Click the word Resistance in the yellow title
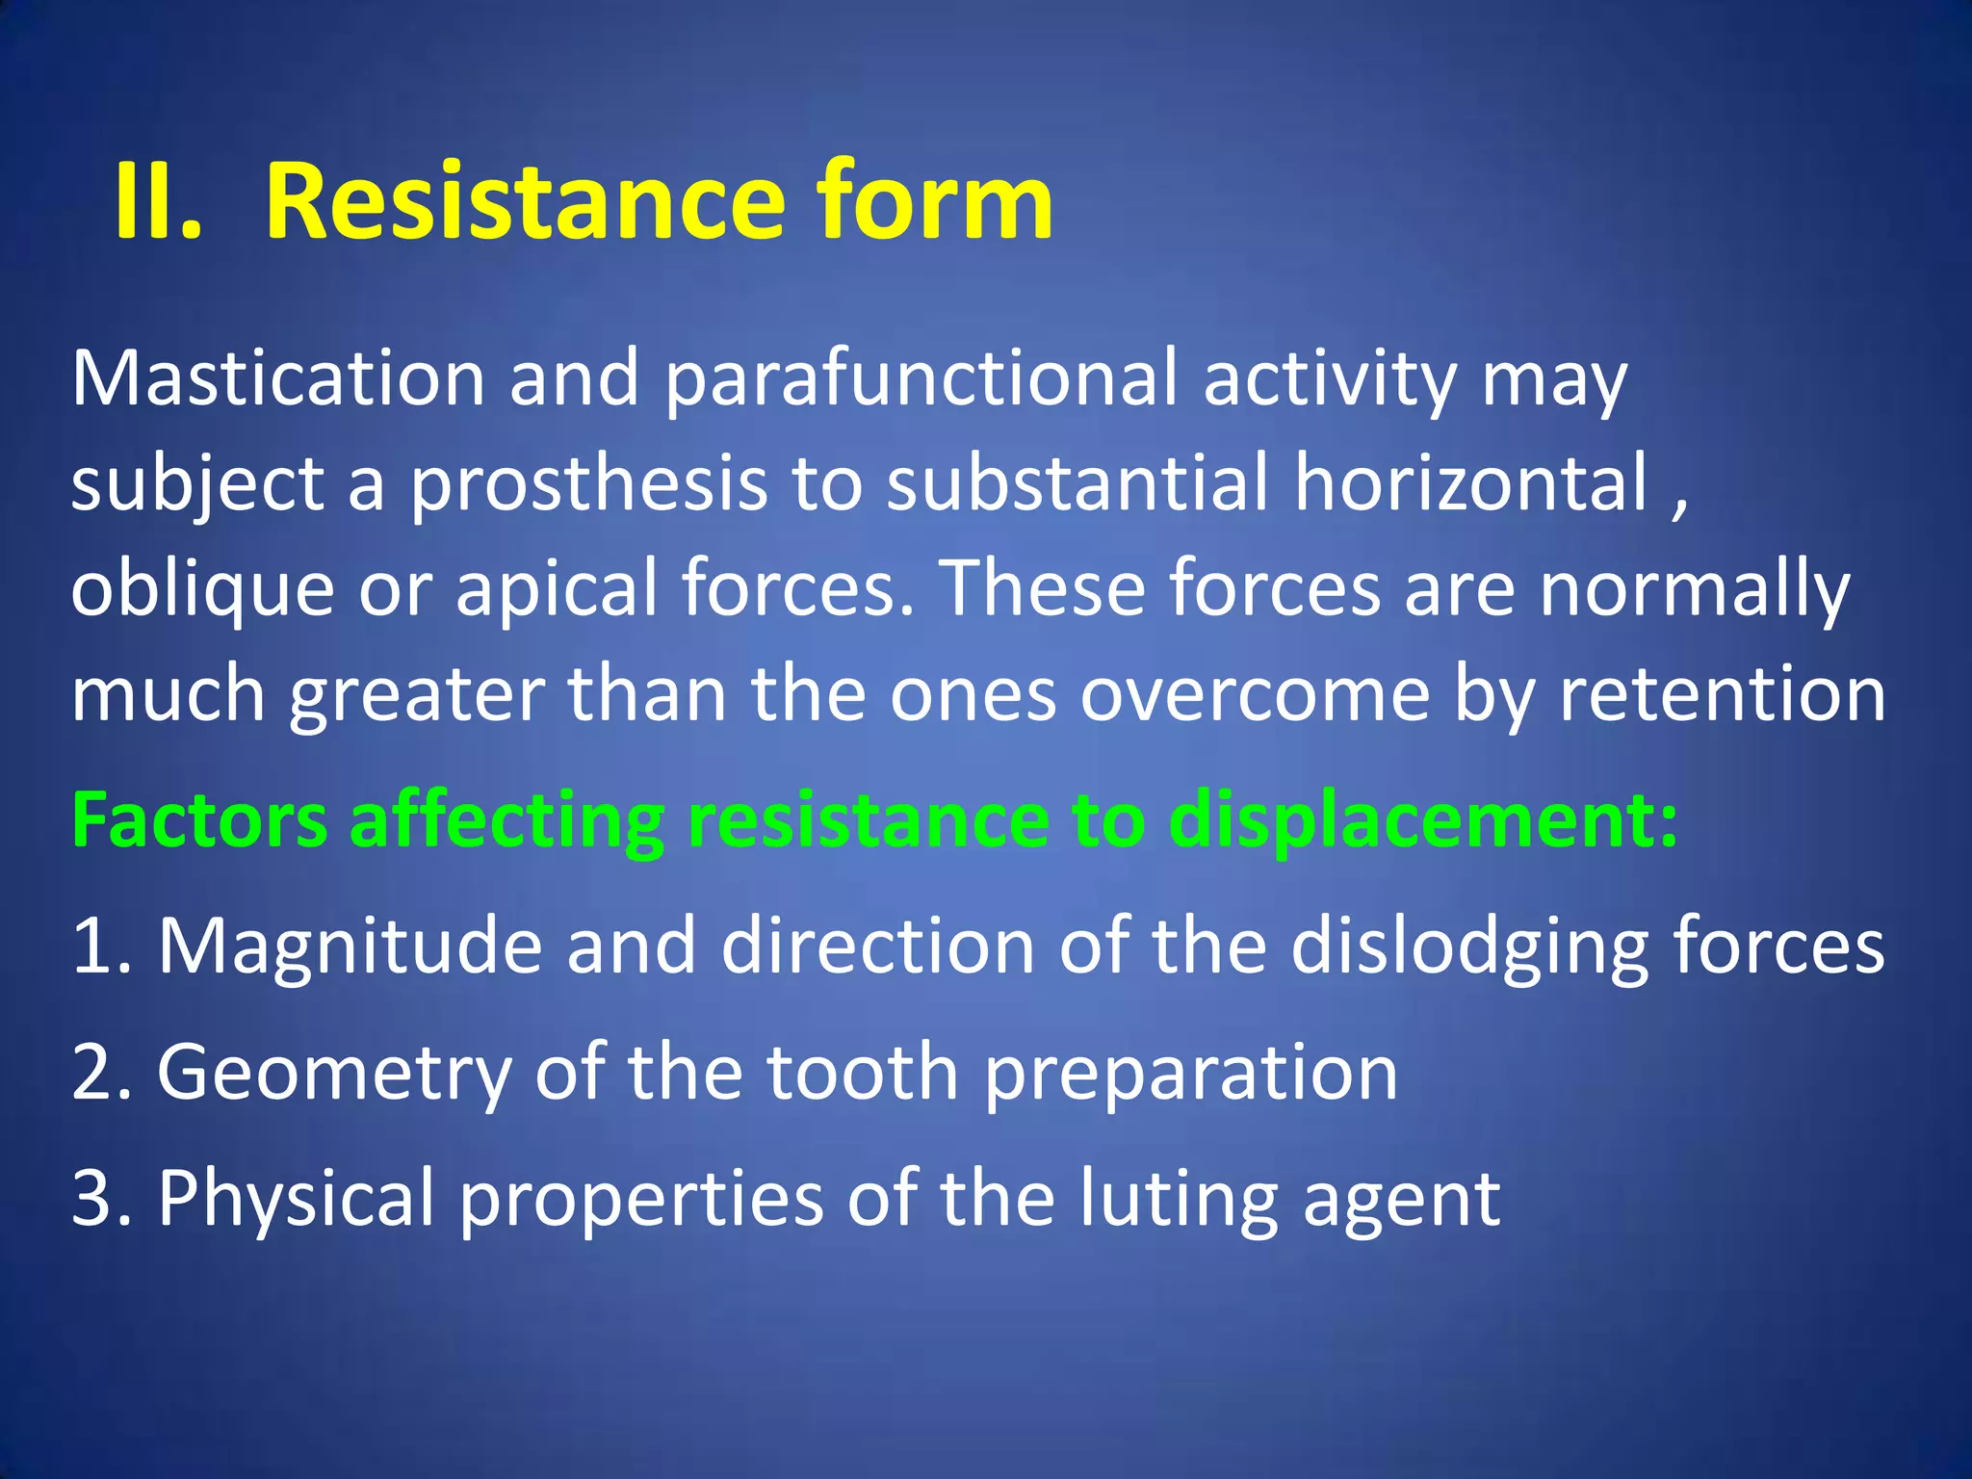pos(525,202)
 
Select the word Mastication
pos(278,378)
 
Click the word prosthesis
pos(588,484)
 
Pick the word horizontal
pos(1470,482)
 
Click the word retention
pos(1723,694)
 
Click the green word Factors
pos(199,820)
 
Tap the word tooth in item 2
pos(863,1073)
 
